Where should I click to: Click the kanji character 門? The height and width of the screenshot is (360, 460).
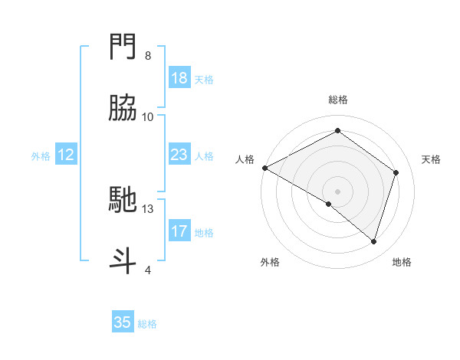pyautogui.click(x=123, y=50)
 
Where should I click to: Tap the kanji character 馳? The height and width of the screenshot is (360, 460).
pyautogui.click(x=123, y=201)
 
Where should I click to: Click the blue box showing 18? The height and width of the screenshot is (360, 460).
pyautogui.click(x=179, y=78)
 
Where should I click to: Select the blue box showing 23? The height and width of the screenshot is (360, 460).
pyautogui.click(x=179, y=155)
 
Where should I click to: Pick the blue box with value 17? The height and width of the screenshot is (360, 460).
pyautogui.click(x=179, y=231)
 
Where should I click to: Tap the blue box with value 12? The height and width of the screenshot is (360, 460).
pyautogui.click(x=66, y=155)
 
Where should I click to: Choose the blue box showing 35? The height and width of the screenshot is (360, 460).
pyautogui.click(x=123, y=322)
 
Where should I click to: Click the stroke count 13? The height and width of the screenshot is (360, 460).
pyautogui.click(x=148, y=208)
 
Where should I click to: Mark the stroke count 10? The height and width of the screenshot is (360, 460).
pyautogui.click(x=148, y=117)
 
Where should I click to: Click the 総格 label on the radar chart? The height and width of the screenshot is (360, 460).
pyautogui.click(x=338, y=100)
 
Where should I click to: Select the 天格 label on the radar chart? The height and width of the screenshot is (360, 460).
pyautogui.click(x=431, y=159)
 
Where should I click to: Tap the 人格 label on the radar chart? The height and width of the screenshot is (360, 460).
pyautogui.click(x=245, y=159)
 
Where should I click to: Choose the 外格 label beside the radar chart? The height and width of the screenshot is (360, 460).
pyautogui.click(x=270, y=262)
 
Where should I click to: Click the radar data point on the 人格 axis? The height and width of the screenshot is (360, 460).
pyautogui.click(x=264, y=168)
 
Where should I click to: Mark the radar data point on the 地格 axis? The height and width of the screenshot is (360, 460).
pyautogui.click(x=374, y=241)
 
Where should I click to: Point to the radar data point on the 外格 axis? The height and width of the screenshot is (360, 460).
pyautogui.click(x=329, y=204)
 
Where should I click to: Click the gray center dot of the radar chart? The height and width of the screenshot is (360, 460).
pyautogui.click(x=338, y=191)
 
